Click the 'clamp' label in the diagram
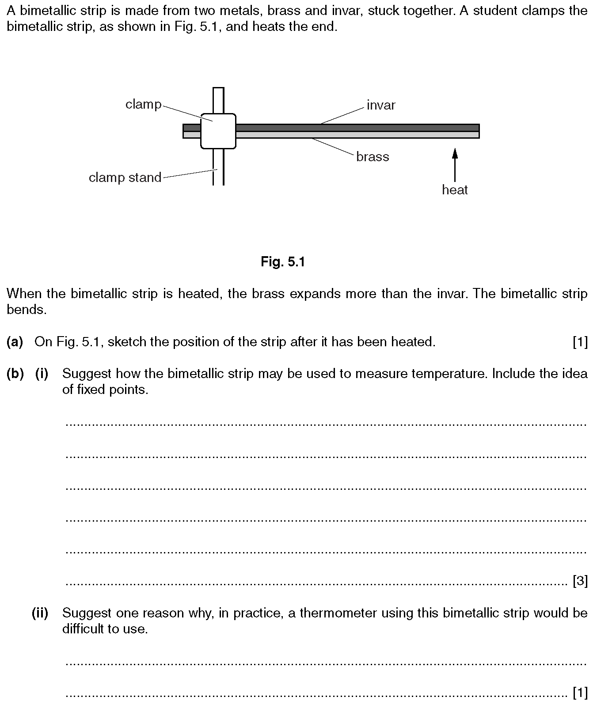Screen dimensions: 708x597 143,104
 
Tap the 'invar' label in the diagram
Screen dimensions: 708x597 380,105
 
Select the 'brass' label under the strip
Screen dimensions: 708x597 373,157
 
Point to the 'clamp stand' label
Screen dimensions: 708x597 125,178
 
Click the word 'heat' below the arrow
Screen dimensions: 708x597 455,190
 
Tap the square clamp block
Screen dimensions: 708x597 218,131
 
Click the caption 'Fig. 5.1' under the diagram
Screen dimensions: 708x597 283,262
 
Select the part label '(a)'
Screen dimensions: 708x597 15,342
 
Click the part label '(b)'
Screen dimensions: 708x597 15,374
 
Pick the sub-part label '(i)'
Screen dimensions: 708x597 42,374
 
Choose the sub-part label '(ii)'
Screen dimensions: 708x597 40,613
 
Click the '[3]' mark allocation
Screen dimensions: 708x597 580,581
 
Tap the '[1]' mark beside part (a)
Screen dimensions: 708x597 580,342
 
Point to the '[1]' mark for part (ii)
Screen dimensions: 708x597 580,693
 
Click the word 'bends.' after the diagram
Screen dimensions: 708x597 27,310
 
